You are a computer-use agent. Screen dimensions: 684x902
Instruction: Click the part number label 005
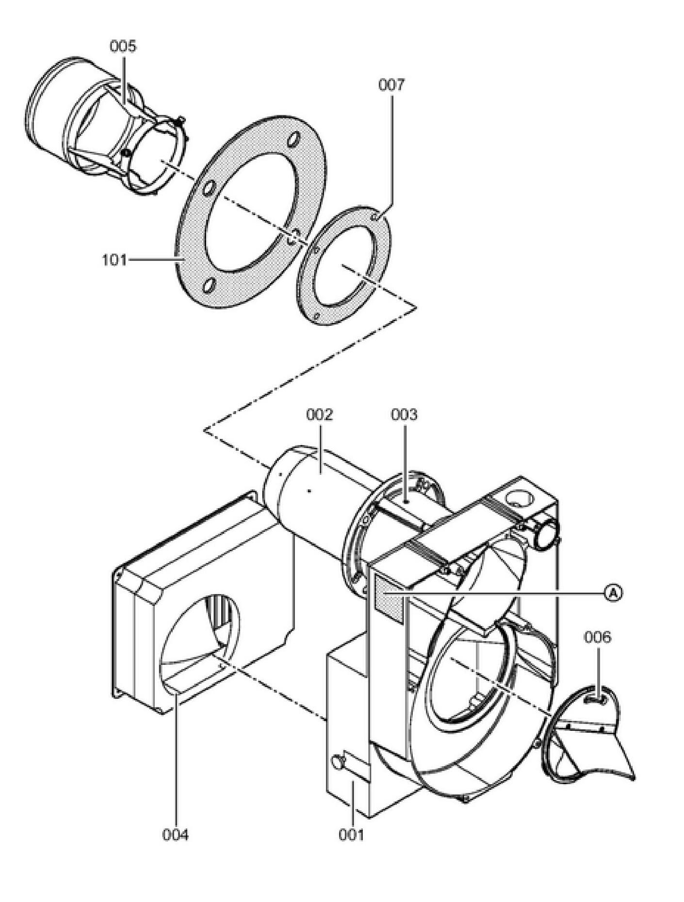[x=123, y=47]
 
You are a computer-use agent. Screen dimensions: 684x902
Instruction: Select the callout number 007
[x=391, y=85]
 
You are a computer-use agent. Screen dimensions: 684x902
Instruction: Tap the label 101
[x=114, y=260]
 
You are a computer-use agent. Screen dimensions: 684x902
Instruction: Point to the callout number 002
[x=320, y=415]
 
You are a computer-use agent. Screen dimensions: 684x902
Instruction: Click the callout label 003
[x=404, y=415]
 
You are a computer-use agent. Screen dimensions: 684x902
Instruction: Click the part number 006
[x=597, y=637]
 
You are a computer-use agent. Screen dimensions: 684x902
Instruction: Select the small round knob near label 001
[x=337, y=762]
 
